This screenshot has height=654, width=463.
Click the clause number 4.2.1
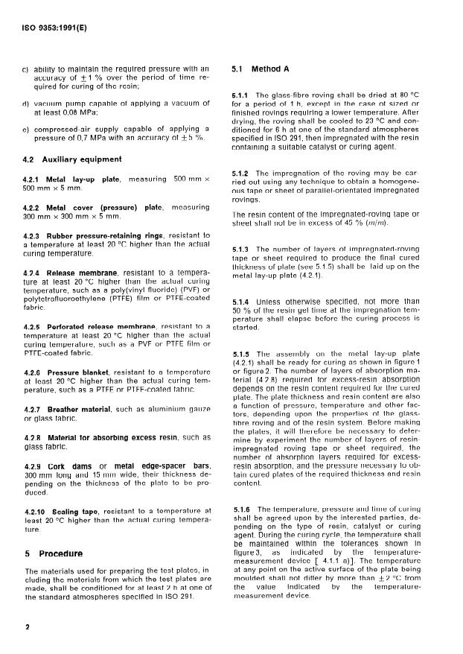pos(35,180)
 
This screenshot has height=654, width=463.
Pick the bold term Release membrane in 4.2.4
pos(78,273)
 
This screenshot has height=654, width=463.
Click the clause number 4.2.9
pos(34,445)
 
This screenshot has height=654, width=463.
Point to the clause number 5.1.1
pos(243,96)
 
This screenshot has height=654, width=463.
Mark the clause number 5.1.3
pos(243,249)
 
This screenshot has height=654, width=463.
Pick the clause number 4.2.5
pos(34,306)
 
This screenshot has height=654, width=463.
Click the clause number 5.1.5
pos(243,353)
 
